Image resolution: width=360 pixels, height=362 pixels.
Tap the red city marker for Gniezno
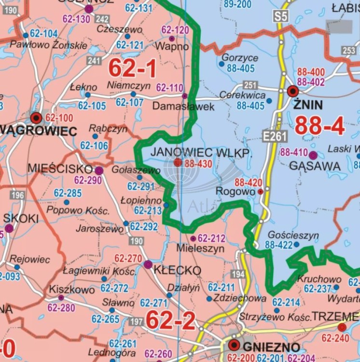pos(235,345)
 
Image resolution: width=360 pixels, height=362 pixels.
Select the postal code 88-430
pos(198,164)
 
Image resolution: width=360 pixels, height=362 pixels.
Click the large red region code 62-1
pos(132,69)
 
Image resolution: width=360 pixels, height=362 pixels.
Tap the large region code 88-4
pos(319,126)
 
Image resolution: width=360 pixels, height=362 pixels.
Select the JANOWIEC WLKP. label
pos(201,153)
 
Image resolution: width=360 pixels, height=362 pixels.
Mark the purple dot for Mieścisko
pos(99,170)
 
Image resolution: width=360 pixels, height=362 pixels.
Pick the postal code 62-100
pos(59,118)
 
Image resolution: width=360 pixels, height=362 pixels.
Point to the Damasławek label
pos(183,106)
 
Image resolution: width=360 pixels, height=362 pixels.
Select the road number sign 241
pos(94,61)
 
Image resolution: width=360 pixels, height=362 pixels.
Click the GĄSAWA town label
pos(308,166)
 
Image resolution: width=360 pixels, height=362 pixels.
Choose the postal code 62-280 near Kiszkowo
pos(61,307)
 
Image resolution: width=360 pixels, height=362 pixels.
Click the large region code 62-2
pos(164,320)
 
